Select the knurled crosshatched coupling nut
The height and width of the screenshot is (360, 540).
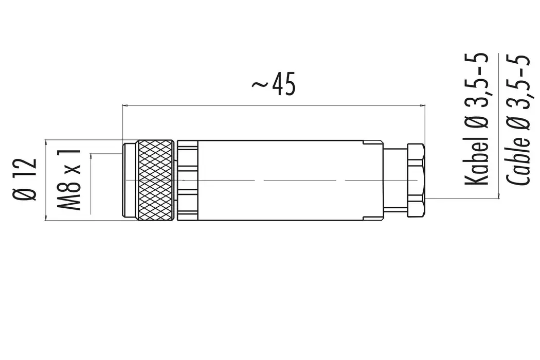pos(156,181)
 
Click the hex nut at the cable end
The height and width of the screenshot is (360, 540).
pos(416,179)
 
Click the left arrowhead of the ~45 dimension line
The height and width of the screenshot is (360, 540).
pos(125,106)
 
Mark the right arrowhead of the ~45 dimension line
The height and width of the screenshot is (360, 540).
pos(423,106)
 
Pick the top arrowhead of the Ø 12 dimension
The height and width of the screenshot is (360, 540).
pos(46,141)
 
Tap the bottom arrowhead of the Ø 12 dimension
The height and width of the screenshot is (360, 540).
pos(46,219)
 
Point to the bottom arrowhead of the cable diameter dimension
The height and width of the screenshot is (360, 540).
pos(498,195)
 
